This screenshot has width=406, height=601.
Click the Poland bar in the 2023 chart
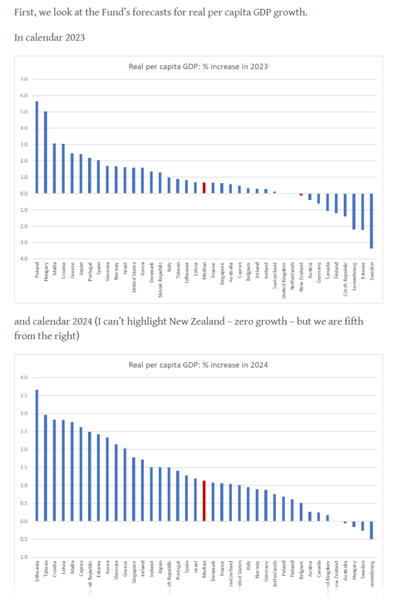pos(36,147)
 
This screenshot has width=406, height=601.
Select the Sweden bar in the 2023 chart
pos(371,221)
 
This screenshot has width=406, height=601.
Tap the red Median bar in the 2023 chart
pos(204,188)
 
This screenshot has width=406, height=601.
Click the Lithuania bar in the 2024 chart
pos(36,455)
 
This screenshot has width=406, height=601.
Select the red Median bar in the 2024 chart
pos(204,501)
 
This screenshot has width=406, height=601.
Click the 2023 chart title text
pos(198,66)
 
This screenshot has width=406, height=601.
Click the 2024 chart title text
pos(198,365)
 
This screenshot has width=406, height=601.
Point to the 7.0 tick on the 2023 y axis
pos(24,79)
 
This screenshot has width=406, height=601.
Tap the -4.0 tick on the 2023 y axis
pos(23,259)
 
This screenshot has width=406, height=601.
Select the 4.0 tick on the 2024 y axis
pos(24,377)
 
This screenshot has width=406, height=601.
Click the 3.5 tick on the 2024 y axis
pos(24,396)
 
